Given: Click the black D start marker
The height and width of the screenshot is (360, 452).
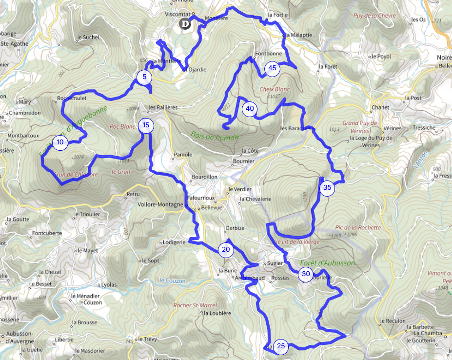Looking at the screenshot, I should coord(185,24).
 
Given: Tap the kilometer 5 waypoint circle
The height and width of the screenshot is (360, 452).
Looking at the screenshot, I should coord(144,77).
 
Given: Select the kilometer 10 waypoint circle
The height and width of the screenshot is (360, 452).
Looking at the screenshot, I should coord(59,142).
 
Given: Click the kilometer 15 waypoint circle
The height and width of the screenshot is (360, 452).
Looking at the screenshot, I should coord(146,125).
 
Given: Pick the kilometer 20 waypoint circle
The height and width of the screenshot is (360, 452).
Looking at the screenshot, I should coord(226,250).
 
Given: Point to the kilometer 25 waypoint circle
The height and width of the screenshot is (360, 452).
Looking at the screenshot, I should coord(281,346).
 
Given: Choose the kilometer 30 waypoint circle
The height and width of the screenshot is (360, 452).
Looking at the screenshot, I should coord(306,274).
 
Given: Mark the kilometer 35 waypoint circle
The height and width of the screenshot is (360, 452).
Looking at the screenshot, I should coord(327,188).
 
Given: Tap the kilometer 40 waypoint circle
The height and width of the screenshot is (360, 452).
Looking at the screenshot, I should coord(250,108).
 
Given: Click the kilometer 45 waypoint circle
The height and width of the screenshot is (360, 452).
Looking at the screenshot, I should coord(272,69).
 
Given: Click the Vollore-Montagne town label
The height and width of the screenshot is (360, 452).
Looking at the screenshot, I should coord(160,204).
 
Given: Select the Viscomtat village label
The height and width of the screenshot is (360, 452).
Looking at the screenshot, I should coord(178,15).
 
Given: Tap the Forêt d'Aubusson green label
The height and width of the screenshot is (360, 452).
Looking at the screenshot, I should coord(332,263).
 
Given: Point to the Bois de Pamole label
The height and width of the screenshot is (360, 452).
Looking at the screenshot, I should coord(215,136).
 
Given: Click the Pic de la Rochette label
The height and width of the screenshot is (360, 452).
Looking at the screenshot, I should coord(358,227).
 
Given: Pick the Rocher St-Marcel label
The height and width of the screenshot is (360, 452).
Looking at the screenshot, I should coord(195,305).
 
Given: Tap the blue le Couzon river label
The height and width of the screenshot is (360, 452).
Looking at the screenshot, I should coord(173,281).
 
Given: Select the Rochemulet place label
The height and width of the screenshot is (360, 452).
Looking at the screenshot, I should coord(72,98).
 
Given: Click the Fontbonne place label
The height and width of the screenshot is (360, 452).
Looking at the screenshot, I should coord(269,53).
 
